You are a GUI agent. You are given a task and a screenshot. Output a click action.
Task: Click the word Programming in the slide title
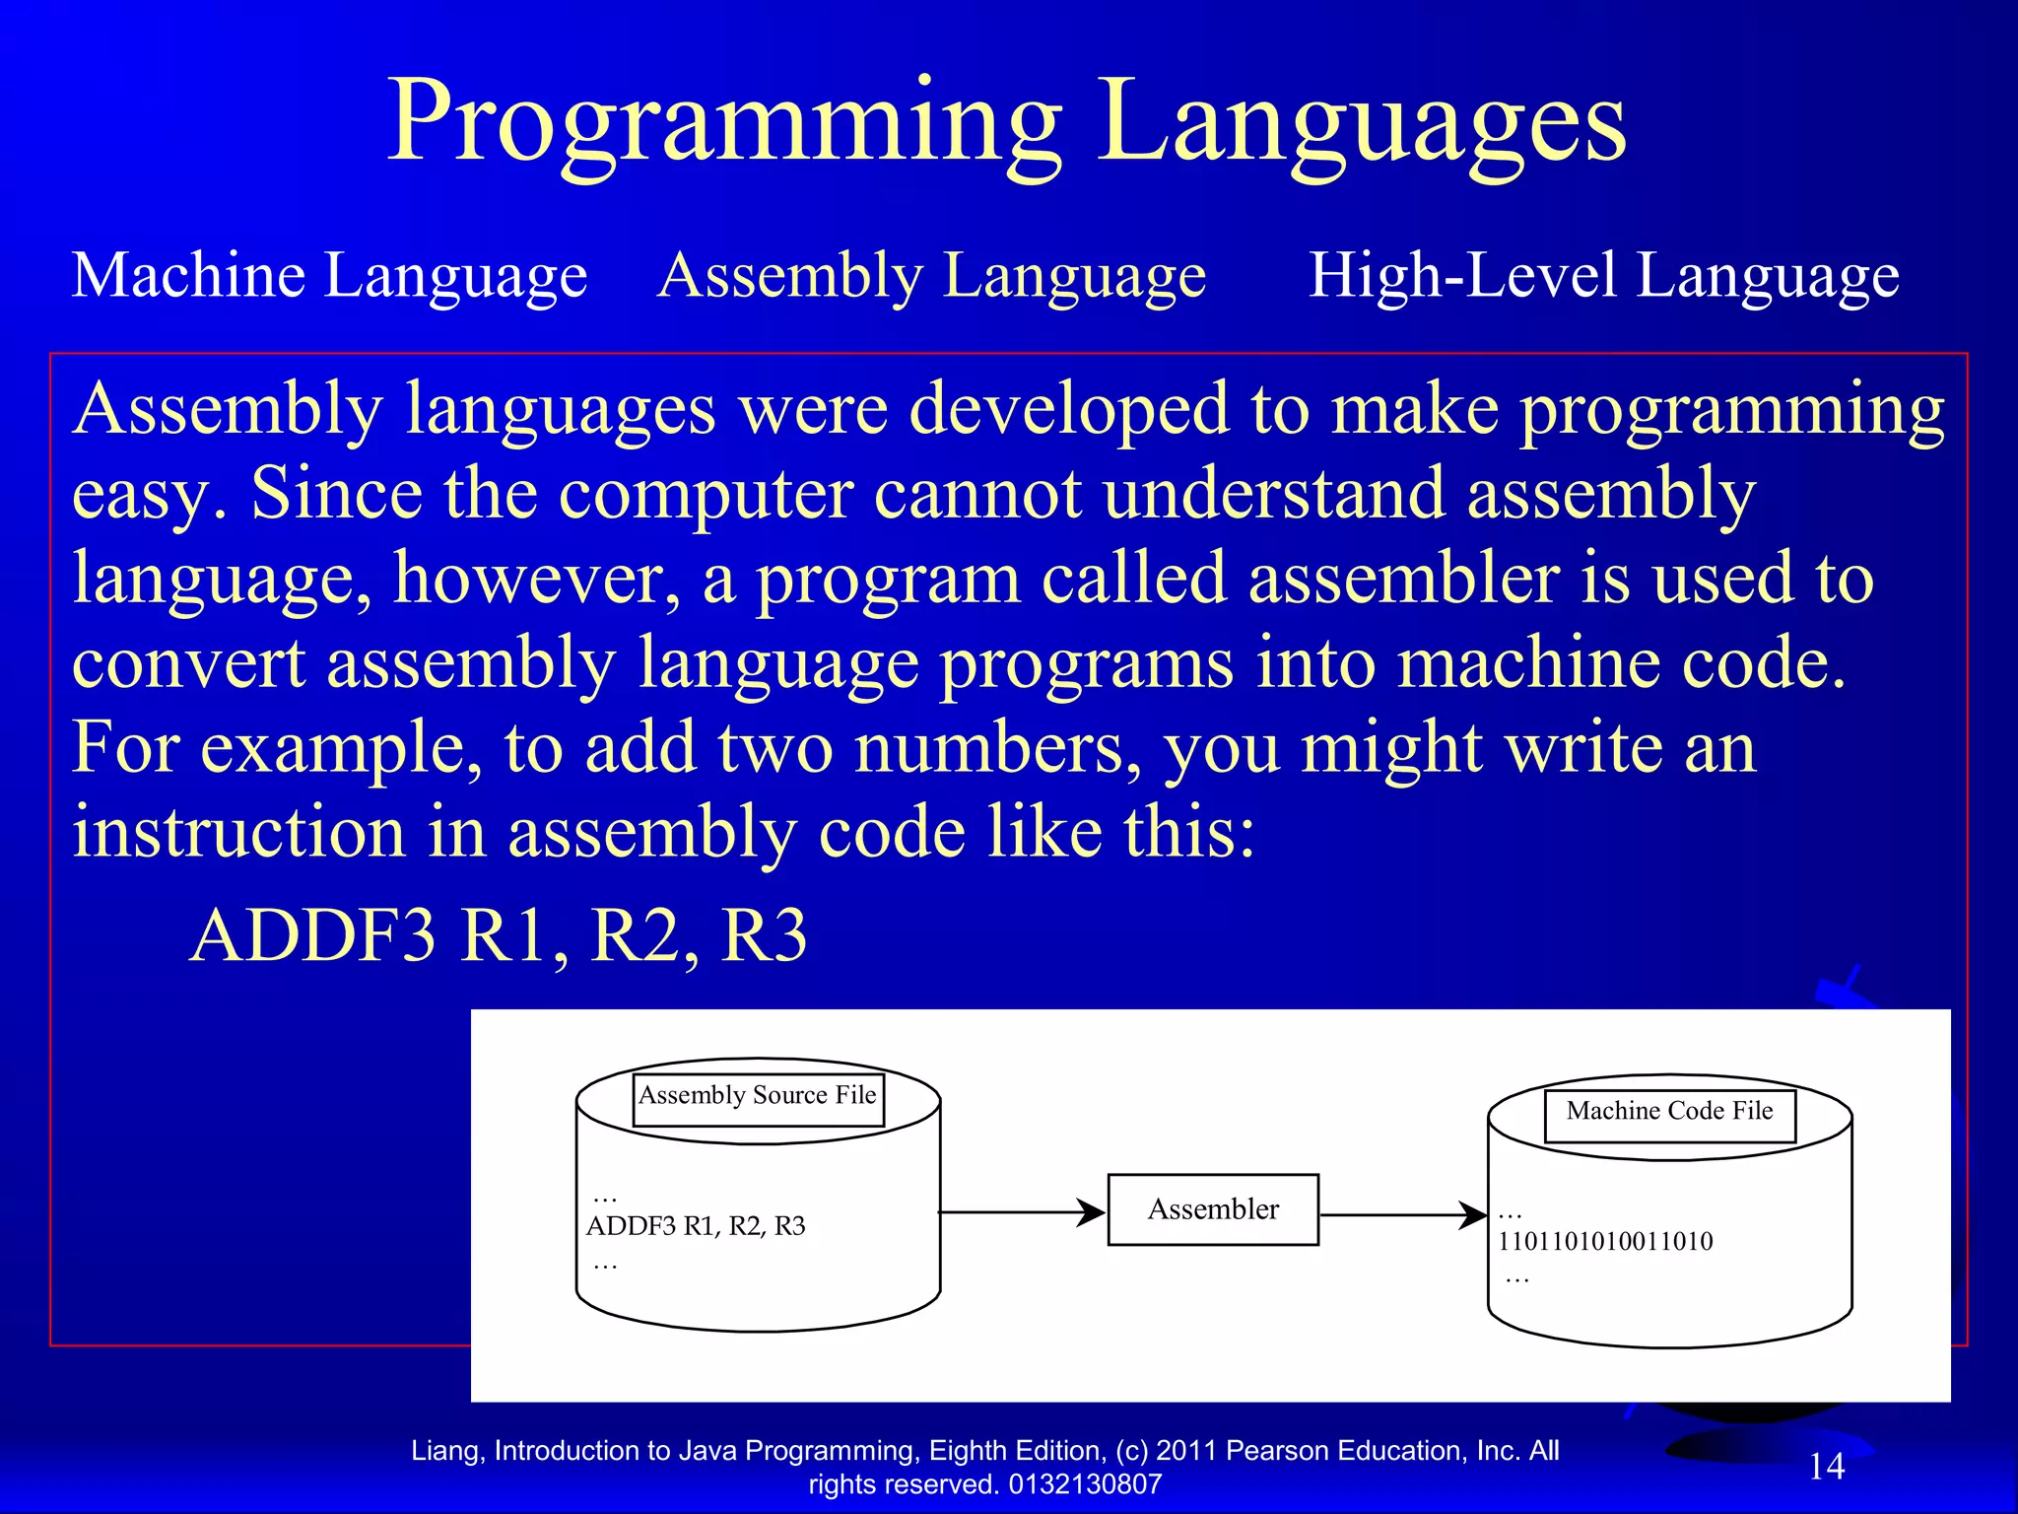tap(724, 123)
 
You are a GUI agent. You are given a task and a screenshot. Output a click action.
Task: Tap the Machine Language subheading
tap(329, 275)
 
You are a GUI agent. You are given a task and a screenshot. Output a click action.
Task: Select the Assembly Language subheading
tap(931, 275)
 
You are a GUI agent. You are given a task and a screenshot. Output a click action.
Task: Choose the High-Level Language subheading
tap(1603, 275)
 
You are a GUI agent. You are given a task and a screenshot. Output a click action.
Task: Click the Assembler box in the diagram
tap(1212, 1209)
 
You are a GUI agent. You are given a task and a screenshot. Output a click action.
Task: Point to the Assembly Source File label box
tap(757, 1097)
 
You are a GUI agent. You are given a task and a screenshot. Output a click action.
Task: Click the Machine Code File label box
tap(1669, 1113)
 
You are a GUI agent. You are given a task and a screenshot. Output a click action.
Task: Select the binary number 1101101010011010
tap(1605, 1242)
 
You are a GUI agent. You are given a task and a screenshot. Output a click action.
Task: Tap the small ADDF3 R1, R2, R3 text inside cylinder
tap(696, 1226)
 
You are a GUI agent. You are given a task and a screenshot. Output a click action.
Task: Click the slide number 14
tap(1826, 1467)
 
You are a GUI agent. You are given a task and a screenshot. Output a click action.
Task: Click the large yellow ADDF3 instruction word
tap(312, 935)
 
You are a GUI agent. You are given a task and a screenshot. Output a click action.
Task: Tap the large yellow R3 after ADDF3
tap(764, 935)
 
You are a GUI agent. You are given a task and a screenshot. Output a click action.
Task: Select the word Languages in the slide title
tap(1362, 123)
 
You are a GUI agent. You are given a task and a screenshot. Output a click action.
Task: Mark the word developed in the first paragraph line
tap(1069, 409)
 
